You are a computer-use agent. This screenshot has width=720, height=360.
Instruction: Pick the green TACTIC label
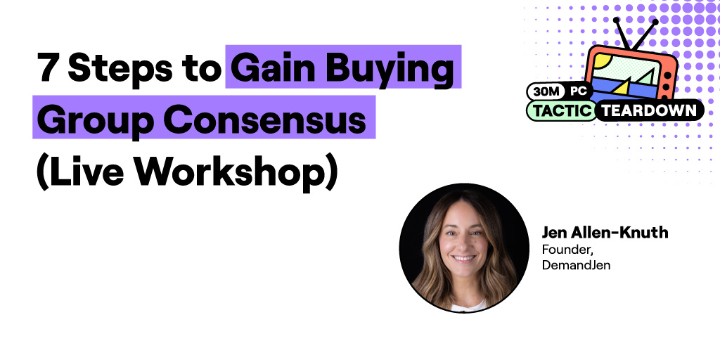(x=560, y=110)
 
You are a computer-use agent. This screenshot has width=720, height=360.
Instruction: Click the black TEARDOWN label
(x=648, y=110)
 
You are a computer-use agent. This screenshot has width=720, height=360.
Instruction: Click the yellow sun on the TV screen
(x=601, y=64)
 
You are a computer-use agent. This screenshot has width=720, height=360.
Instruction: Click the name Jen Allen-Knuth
(x=605, y=232)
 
